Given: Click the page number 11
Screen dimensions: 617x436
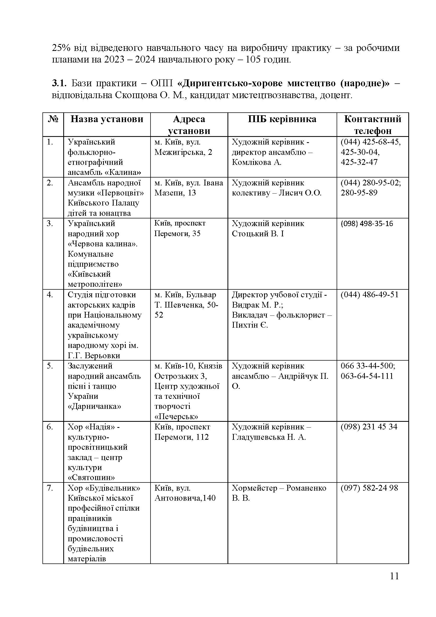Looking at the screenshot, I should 394,584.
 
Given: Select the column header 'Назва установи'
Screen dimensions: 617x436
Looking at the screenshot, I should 107,119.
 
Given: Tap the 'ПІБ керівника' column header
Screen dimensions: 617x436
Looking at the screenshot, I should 282,119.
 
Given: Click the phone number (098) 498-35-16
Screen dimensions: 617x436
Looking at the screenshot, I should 367,224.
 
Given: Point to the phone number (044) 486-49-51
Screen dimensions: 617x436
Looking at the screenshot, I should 370,295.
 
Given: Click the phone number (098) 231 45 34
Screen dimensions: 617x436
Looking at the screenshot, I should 369,427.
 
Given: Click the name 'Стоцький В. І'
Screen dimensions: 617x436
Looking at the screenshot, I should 258,234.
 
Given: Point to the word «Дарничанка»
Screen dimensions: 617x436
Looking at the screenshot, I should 95,406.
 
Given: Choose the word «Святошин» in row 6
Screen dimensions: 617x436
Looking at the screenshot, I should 91,477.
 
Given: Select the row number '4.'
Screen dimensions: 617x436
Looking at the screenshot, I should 50,295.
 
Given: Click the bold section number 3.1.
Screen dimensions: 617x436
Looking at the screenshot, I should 59,83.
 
